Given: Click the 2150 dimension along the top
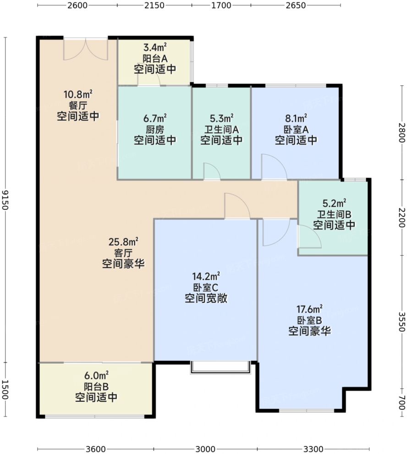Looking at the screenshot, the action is tap(154, 5).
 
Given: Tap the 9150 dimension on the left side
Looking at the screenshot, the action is tap(5, 200).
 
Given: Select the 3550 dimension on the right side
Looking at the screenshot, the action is tap(402, 322).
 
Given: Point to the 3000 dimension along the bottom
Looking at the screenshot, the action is tap(205, 449).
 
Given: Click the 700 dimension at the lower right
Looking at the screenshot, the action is tap(402, 403).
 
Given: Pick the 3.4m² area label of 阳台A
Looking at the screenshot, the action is tap(155, 47).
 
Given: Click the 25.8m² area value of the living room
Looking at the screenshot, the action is tap(123, 241).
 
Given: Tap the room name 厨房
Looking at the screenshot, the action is tap(155, 129).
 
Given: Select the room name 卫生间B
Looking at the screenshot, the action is tap(334, 214).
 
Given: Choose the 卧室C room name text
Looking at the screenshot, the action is tap(205, 287).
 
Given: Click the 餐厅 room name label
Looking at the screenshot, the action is tap(78, 106).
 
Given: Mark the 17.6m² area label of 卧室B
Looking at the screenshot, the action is tap(309, 309).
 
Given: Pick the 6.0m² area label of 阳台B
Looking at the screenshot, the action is tap(96, 376).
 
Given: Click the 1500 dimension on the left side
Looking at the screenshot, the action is tap(5, 390).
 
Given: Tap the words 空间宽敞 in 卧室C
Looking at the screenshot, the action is tap(206, 298).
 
